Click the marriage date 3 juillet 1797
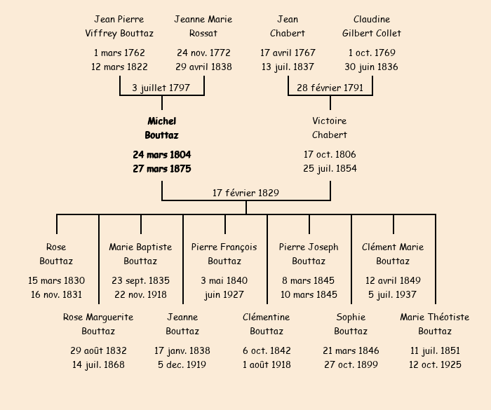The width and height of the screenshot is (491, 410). point(161,88)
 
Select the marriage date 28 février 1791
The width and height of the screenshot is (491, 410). point(330,88)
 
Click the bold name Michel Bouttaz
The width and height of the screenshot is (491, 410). point(161,128)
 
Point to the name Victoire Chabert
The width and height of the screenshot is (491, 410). point(330,128)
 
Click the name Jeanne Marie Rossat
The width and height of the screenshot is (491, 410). point(203,26)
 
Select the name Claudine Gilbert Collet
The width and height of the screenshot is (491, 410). point(372,26)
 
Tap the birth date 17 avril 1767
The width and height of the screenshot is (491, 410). point(288,53)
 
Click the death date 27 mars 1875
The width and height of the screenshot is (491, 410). point(161,168)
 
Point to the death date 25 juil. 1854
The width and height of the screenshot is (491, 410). point(330,168)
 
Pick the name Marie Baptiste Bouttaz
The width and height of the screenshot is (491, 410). point(140,254)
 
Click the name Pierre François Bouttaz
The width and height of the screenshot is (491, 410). point(224,254)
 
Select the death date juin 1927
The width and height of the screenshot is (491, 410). point(224,294)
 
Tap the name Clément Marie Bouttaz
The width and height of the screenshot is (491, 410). point(393,254)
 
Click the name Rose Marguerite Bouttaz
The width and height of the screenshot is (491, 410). point(98,324)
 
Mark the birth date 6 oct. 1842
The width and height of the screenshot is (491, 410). point(267,350)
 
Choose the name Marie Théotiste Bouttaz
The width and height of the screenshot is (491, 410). point(435,324)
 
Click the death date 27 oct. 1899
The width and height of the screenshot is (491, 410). point(351,364)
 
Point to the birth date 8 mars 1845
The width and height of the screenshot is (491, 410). point(309,280)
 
